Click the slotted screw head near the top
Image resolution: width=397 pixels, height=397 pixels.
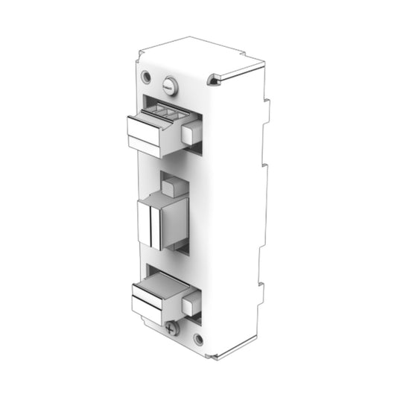tap(171, 87)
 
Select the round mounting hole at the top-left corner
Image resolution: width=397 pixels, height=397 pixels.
tap(146, 77)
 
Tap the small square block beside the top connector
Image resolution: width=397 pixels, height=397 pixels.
tap(191, 134)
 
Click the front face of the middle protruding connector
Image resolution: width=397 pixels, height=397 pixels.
tap(150, 226)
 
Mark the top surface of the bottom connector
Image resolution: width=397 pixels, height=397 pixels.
tap(159, 284)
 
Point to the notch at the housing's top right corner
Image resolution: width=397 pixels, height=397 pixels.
tap(215, 79)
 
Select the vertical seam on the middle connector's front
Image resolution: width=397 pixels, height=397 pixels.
tap(152, 226)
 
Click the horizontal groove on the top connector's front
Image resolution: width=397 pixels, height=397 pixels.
tap(145, 139)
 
